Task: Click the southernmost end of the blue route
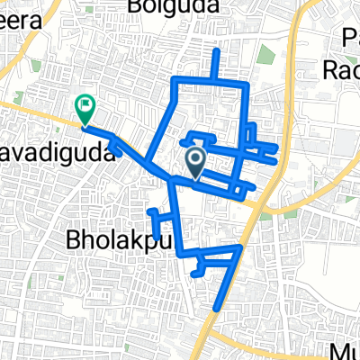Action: tap(216, 310)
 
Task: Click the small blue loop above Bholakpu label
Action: tap(157, 220)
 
